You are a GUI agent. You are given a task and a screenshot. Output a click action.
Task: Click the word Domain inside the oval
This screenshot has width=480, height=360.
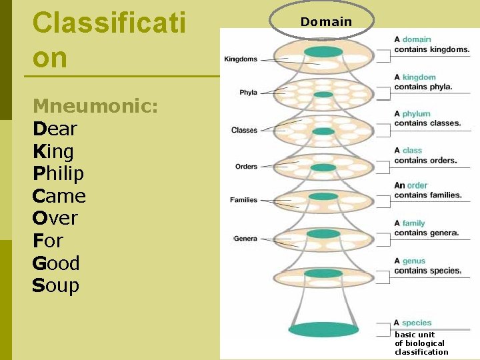coord(326,22)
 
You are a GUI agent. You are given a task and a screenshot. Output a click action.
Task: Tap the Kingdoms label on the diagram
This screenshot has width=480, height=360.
coord(241,59)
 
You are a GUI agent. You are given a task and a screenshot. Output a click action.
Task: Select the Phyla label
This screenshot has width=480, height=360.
coord(248,93)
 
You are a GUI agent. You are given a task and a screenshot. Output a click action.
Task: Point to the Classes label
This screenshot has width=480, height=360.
coord(244,130)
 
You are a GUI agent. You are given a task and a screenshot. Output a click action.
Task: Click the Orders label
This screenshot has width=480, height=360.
coord(246,166)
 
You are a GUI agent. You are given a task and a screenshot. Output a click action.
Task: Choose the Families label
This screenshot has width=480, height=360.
coord(243,200)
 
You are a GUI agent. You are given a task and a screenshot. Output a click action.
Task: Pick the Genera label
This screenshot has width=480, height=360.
coord(245,239)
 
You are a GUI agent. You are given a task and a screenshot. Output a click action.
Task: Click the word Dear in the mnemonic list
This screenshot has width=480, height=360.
coord(55,129)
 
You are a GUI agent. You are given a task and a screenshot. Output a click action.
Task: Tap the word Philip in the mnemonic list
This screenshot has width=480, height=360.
coord(58,173)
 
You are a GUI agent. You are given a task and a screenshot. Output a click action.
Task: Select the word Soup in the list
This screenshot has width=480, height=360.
coord(55,285)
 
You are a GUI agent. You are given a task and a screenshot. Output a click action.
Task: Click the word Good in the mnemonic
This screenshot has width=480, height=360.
coord(56,263)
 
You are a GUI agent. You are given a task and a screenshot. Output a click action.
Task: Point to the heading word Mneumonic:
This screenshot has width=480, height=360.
coord(95,106)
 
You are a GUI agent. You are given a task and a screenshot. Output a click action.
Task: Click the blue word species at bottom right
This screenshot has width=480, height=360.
coord(417,323)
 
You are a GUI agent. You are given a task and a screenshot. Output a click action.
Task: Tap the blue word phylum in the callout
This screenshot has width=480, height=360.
coord(416,114)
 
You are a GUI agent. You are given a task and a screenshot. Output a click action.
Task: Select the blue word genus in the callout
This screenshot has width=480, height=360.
coord(413,261)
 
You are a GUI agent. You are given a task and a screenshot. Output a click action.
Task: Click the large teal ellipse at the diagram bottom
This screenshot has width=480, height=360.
coord(323,329)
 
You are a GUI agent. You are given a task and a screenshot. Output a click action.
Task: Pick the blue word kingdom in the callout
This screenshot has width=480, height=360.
coord(419,77)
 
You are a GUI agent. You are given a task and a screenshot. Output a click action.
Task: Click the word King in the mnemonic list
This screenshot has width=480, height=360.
coord(54,151)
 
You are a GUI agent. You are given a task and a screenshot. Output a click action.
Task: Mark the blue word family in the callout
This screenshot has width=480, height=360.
coord(413,223)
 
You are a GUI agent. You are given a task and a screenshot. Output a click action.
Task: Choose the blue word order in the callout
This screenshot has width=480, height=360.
coord(417,185)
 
